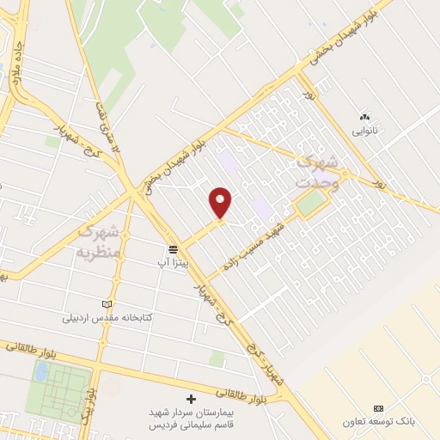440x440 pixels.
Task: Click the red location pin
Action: pos(221,202)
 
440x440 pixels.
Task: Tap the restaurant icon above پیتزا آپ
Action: pos(173,248)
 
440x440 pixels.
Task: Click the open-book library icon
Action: pos(107,304)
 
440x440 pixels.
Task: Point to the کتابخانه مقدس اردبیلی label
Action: pos(107,317)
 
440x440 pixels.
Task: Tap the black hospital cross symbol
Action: pos(191,400)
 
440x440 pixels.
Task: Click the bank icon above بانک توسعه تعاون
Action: pos(377,408)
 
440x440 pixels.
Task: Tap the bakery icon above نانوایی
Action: pos(364,117)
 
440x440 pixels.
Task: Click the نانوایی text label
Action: pos(364,131)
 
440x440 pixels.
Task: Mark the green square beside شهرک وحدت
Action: pos(312,204)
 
